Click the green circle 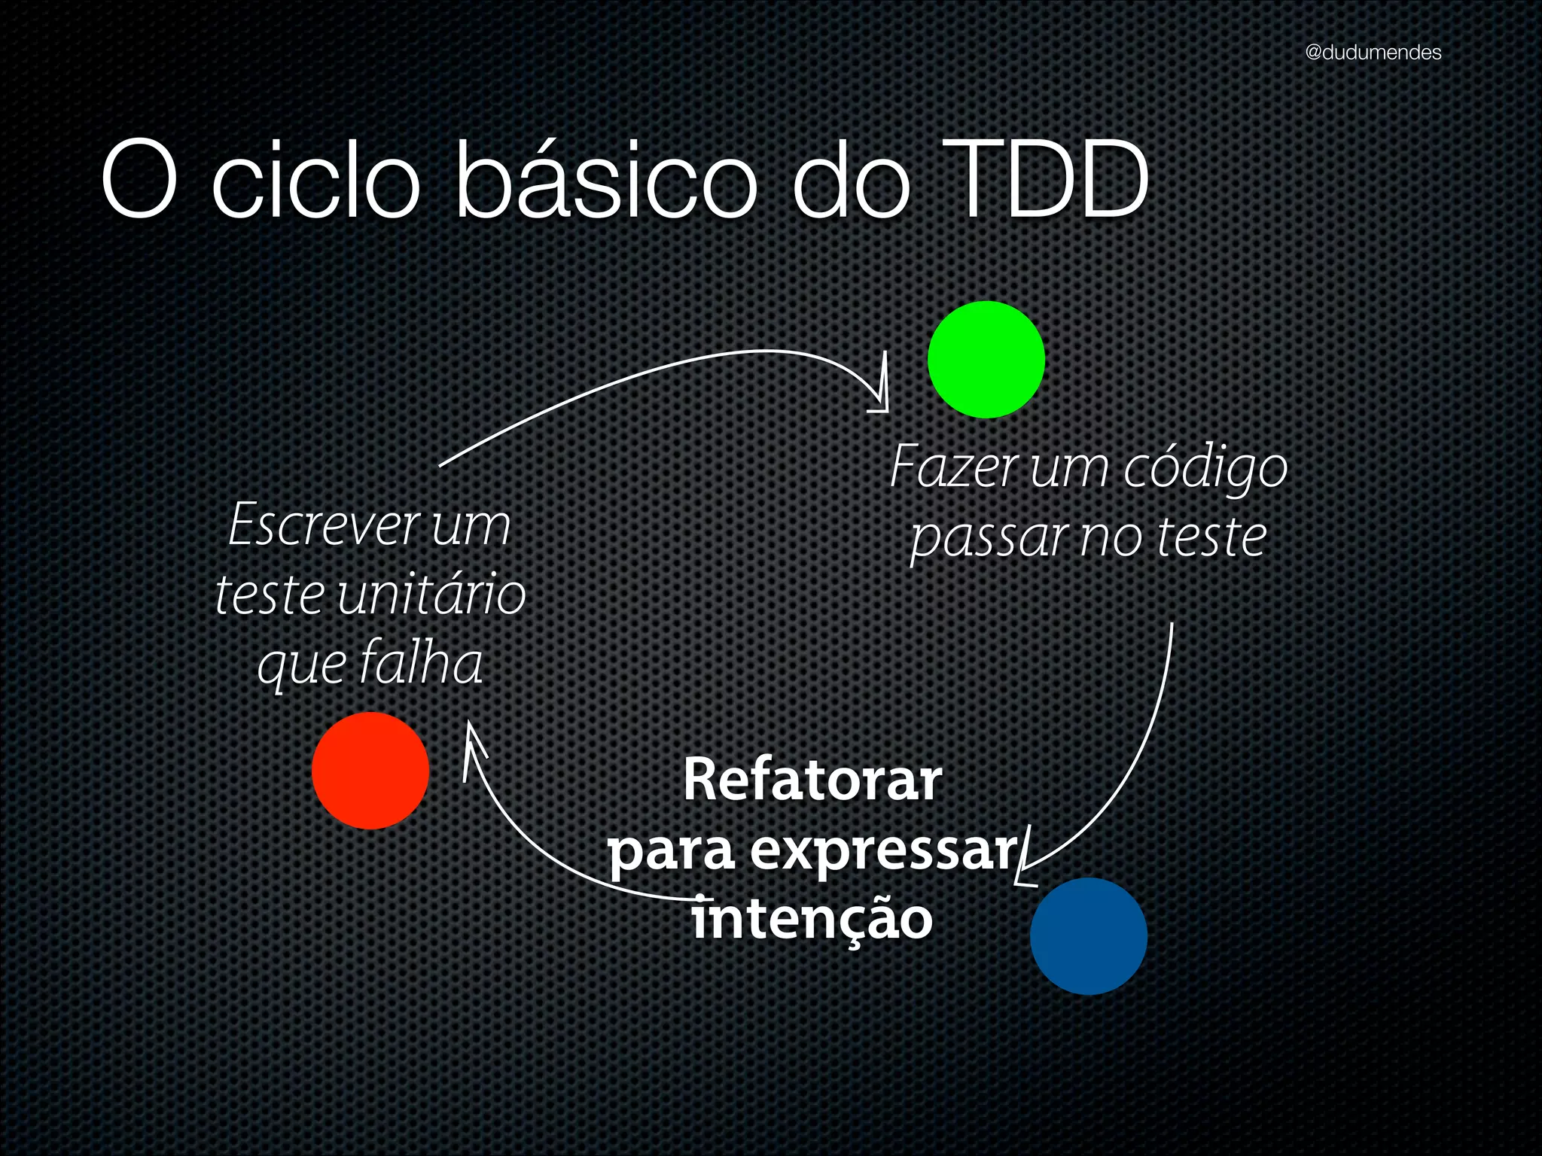[986, 360]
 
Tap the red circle [370, 771]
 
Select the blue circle [1088, 935]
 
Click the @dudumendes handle [1373, 52]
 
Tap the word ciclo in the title [315, 181]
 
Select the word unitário [431, 594]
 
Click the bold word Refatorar [812, 780]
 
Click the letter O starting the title [139, 181]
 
